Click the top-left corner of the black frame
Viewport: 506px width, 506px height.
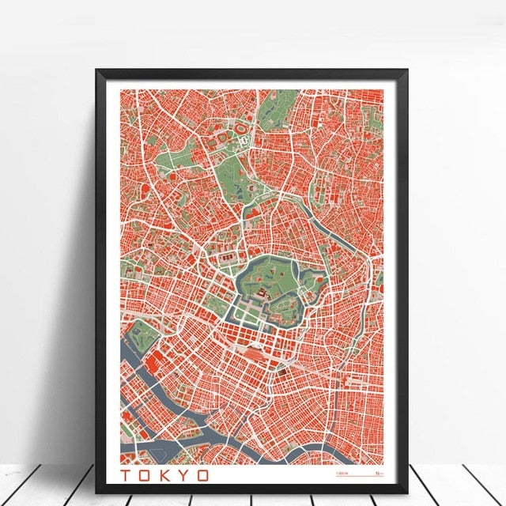coord(99,72)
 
